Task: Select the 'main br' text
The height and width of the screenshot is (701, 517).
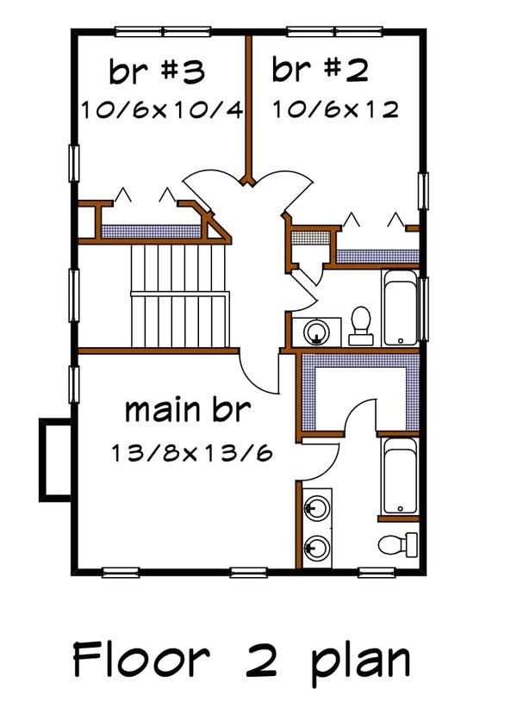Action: [188, 410]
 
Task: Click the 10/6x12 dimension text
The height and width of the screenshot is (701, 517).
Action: [335, 110]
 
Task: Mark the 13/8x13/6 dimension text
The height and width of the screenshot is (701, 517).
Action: [190, 452]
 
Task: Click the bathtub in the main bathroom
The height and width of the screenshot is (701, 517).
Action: [400, 475]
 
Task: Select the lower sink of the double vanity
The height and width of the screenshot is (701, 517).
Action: [316, 546]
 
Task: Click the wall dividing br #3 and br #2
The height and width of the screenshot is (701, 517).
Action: [248, 103]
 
